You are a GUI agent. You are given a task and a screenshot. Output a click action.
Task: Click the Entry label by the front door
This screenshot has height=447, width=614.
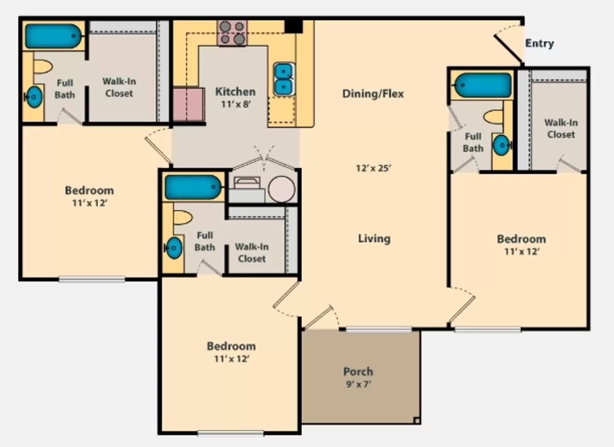click(x=539, y=43)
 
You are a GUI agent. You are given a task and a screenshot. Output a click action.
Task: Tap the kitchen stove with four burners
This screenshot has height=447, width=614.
click(x=232, y=33)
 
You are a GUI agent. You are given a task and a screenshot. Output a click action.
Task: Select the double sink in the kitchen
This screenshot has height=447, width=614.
click(x=284, y=79)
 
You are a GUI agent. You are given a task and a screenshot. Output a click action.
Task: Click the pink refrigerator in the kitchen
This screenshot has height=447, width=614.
click(x=188, y=104)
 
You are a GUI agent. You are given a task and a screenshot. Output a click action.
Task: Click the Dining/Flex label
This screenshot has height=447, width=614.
click(x=373, y=94)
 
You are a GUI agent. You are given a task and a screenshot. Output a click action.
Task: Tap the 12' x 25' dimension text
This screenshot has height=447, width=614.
click(x=373, y=168)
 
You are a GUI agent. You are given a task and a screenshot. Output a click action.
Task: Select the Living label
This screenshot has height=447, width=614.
click(x=374, y=238)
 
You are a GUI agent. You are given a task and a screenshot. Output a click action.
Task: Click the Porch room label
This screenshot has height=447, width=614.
click(x=358, y=371)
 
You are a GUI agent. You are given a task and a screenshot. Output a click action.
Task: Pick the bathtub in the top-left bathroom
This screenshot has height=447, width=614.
click(x=53, y=36)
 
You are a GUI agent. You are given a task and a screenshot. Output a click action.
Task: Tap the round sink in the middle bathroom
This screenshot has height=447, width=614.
click(x=174, y=248)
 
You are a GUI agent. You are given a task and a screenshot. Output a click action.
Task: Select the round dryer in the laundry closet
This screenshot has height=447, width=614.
click(x=282, y=189)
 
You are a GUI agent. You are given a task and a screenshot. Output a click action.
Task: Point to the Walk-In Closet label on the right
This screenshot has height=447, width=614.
click(x=561, y=128)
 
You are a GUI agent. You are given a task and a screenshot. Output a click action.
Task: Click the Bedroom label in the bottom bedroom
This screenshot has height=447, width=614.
click(x=231, y=346)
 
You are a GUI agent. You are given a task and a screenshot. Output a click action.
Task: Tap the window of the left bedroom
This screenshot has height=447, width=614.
click(x=91, y=279)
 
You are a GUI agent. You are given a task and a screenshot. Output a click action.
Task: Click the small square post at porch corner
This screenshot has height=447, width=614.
click(x=417, y=421)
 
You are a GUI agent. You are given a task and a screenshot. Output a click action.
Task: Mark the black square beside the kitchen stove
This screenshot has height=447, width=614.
click(x=293, y=26)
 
